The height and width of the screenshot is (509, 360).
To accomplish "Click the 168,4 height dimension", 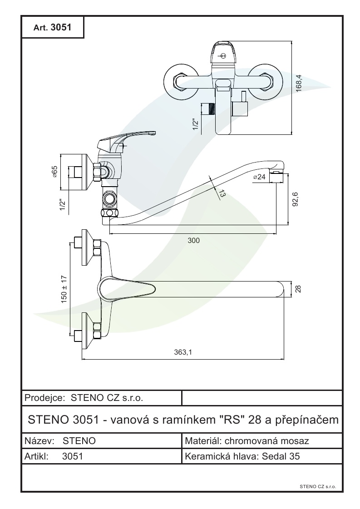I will (x=299, y=84).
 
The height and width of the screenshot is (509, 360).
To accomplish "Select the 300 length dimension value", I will (x=194, y=240).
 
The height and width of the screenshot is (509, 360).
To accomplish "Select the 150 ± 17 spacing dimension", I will (x=64, y=289).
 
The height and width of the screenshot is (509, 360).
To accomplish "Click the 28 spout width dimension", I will (x=298, y=289).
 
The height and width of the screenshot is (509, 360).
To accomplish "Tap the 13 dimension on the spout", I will (x=221, y=193).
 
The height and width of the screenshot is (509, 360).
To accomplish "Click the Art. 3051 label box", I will (x=53, y=27).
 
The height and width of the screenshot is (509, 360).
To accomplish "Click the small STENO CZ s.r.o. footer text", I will (x=318, y=486).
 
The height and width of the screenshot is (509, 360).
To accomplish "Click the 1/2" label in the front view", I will (x=195, y=124).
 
